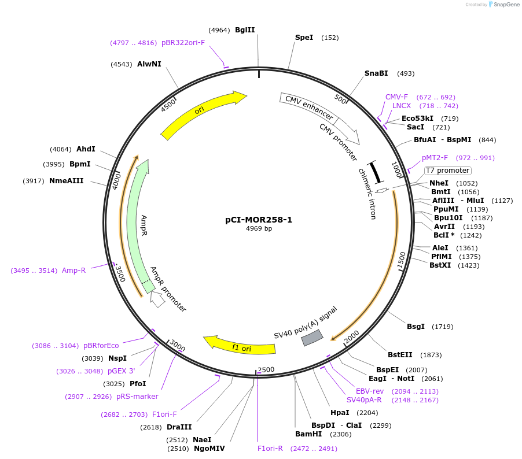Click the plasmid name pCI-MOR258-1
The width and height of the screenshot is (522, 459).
(259, 220)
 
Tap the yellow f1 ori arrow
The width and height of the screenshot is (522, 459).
(241, 346)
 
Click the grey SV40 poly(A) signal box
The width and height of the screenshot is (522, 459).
(313, 338)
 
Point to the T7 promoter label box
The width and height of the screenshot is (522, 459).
(447, 171)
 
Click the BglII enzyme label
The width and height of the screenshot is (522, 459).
(245, 30)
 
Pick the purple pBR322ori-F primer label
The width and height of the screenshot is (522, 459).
(183, 43)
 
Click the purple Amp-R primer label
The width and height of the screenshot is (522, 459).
(73, 270)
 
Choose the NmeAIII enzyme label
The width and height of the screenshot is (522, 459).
(66, 181)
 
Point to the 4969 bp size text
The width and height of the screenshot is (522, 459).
(259, 228)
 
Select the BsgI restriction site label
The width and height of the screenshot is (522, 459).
(416, 327)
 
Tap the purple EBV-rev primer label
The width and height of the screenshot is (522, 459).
(370, 391)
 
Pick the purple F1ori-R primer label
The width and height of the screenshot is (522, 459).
(270, 448)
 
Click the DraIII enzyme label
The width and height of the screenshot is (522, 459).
(179, 427)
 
